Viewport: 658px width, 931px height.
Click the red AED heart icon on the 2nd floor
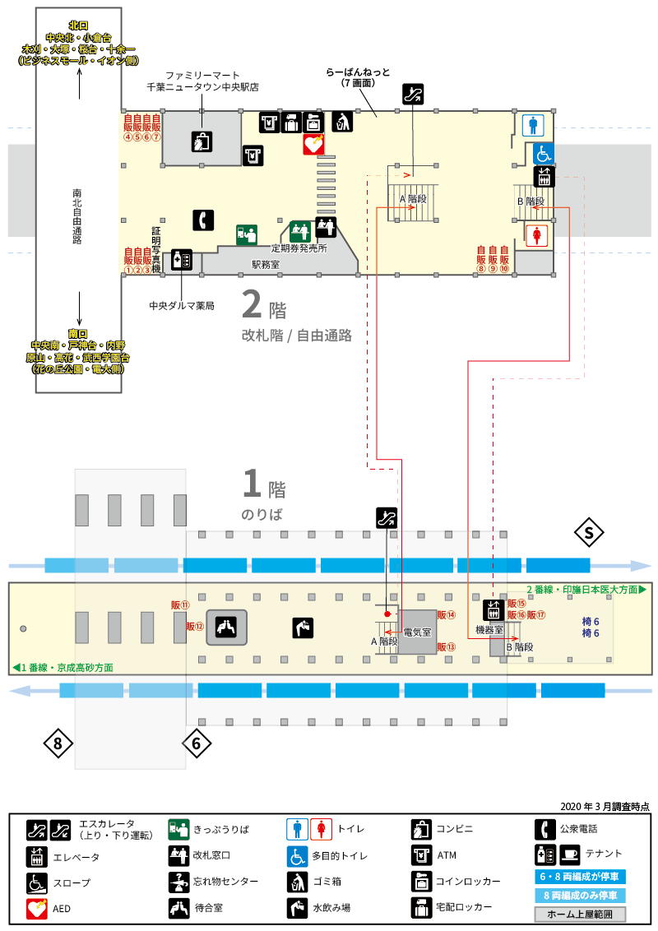[x=313, y=144]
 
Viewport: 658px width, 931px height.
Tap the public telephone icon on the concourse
[x=203, y=220]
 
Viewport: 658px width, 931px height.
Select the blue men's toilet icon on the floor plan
[x=533, y=125]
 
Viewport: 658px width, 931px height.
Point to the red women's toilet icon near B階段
[x=537, y=234]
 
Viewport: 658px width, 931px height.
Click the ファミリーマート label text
[x=202, y=76]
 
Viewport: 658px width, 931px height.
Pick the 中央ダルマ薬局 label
[x=182, y=306]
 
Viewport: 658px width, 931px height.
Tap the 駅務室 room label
[x=266, y=265]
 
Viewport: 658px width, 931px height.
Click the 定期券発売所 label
[x=299, y=248]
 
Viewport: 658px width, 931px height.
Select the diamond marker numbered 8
[x=58, y=743]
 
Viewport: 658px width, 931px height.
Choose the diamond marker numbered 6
[x=197, y=743]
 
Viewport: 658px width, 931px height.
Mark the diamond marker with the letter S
[x=589, y=533]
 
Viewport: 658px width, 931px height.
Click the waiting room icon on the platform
[x=226, y=627]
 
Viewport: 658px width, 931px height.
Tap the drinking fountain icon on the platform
[x=303, y=628]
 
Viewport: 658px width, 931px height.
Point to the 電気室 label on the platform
[x=418, y=632]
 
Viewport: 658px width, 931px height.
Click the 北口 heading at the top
[x=78, y=25]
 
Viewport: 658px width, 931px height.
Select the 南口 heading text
[x=78, y=334]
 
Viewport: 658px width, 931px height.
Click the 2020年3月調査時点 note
[x=605, y=806]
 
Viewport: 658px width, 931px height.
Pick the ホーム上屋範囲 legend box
[x=580, y=915]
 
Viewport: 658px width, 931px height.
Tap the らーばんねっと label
[x=358, y=72]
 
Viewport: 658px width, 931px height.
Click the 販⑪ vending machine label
[x=180, y=605]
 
